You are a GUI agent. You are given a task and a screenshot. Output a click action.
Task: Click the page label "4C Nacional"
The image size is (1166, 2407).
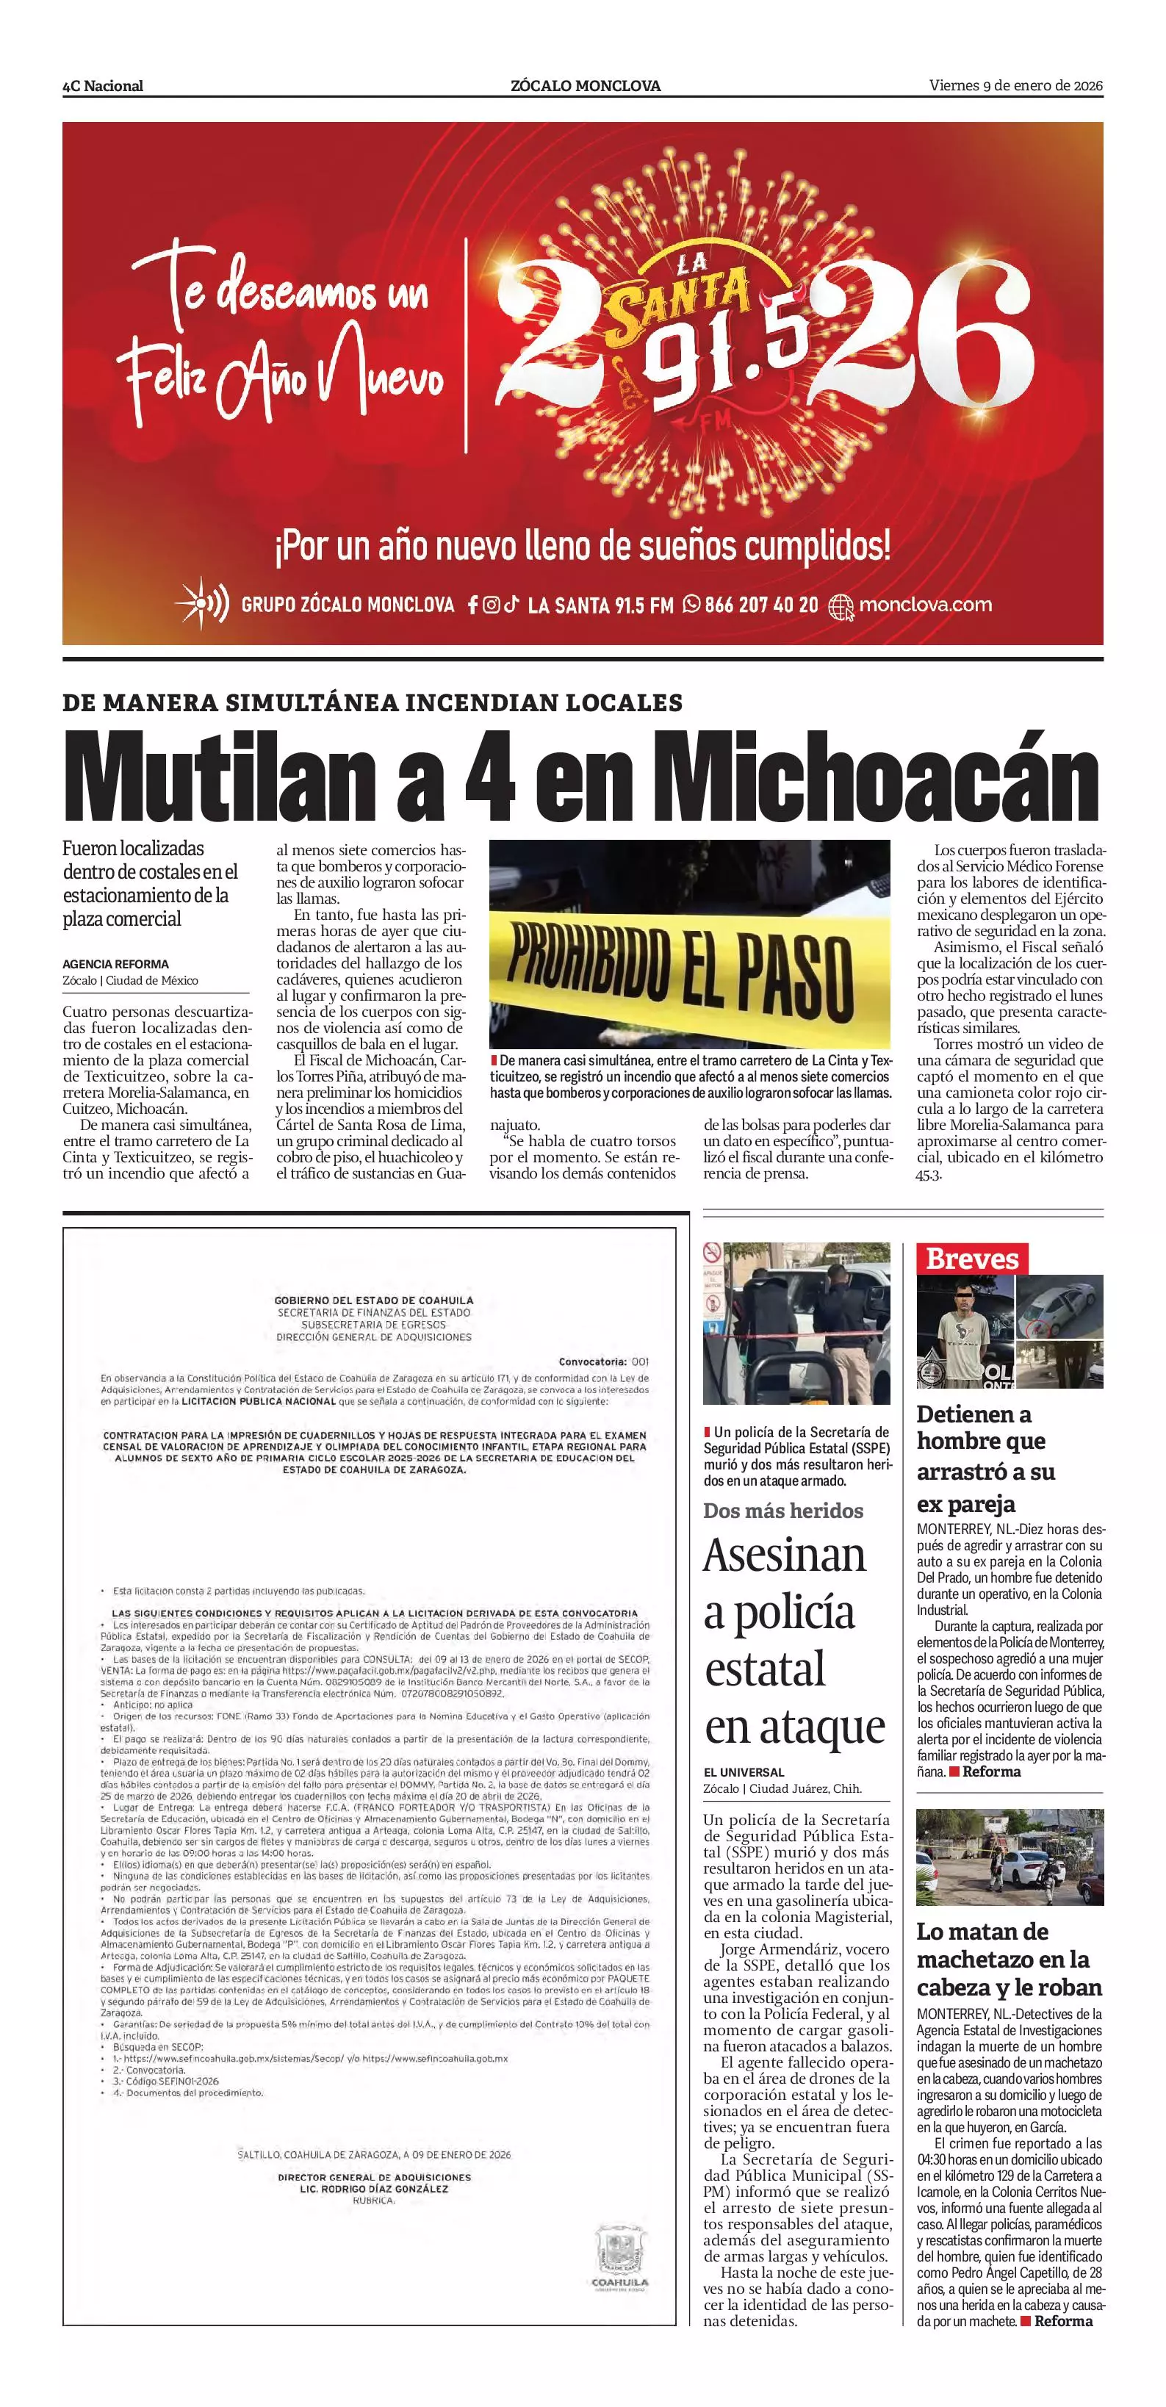click(103, 86)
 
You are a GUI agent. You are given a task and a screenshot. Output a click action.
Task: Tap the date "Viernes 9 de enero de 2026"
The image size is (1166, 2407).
click(1015, 86)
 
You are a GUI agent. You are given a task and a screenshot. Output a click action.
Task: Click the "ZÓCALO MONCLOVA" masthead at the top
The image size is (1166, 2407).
click(585, 86)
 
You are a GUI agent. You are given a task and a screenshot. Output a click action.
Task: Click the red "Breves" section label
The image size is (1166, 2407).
click(971, 1259)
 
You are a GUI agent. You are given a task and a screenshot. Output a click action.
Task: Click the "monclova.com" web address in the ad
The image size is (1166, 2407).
click(924, 605)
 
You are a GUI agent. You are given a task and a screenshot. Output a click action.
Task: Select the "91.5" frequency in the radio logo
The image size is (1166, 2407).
click(729, 350)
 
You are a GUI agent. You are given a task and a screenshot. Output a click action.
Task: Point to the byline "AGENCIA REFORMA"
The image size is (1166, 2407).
click(116, 963)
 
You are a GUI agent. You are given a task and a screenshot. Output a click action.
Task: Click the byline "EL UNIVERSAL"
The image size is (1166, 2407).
click(744, 1772)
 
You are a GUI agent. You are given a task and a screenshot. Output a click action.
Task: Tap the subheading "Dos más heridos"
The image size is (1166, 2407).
click(783, 1511)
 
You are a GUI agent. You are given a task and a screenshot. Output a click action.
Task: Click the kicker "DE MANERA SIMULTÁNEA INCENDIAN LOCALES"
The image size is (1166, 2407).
click(372, 702)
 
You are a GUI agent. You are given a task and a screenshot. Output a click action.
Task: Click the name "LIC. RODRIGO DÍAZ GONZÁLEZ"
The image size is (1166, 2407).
click(374, 2188)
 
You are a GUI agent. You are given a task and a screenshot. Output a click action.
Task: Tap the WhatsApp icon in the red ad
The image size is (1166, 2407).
click(691, 605)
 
